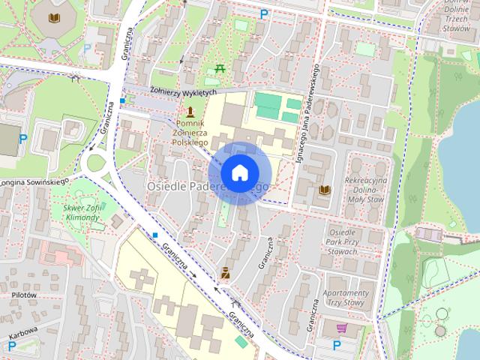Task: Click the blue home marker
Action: [x=239, y=172]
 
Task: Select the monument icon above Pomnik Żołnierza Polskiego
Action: [x=190, y=111]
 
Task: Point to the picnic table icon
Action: [x=220, y=70]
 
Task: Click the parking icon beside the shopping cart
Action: [x=336, y=345]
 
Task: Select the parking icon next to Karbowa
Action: [x=11, y=346]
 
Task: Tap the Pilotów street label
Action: [x=24, y=295]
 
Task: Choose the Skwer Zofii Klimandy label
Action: [x=82, y=212]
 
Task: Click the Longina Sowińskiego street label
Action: [x=34, y=181]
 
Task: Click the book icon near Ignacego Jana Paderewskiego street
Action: [x=325, y=190]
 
